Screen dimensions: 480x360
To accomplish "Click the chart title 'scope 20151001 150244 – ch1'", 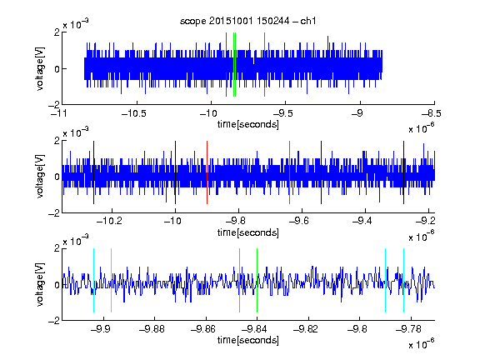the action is point(247,21).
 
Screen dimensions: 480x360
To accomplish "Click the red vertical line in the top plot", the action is point(226,65).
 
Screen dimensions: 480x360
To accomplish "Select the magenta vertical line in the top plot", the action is point(264,65).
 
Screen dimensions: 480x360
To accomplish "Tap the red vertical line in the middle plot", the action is point(207,172).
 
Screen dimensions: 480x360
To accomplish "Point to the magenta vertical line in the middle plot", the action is point(290,172).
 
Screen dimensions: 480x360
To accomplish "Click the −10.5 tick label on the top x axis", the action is point(134,113).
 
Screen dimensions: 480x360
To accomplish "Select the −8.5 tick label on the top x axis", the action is point(431,113).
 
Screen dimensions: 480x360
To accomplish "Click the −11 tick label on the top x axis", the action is point(60,113).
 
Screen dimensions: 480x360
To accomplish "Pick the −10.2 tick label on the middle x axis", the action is point(109,221).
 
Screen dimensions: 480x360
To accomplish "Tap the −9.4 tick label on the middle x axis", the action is point(362,221).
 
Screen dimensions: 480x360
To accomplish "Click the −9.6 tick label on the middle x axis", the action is point(299,221).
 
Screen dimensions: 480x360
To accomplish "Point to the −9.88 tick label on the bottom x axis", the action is point(152,329).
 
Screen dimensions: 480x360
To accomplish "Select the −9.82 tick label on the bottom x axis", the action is point(306,329).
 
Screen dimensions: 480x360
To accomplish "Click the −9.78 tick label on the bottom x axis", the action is point(408,329).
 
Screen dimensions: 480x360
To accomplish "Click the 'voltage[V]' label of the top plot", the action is point(40,68).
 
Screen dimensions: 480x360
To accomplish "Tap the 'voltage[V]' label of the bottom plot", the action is point(40,284).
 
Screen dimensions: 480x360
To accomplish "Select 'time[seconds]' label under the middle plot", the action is point(248,232).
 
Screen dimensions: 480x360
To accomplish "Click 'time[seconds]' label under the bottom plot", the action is point(248,340).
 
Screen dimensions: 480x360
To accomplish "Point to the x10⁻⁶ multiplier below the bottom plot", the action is point(422,343).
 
